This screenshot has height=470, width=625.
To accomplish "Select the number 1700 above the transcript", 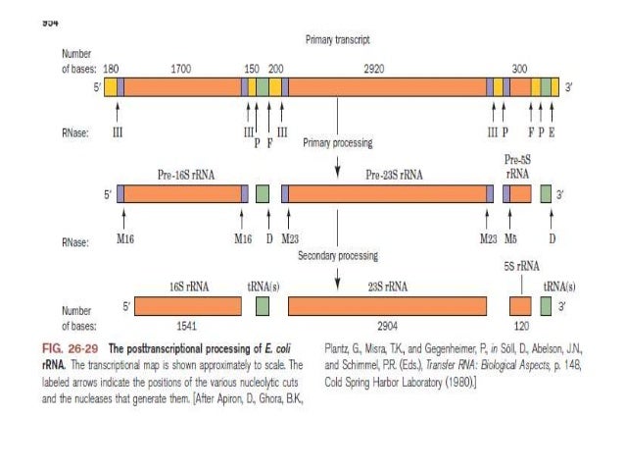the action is [x=181, y=71].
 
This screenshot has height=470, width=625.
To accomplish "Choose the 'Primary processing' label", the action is [x=338, y=143].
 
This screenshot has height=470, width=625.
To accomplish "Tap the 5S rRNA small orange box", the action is [x=520, y=307].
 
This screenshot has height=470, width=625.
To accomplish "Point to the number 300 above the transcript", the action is [x=520, y=71].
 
